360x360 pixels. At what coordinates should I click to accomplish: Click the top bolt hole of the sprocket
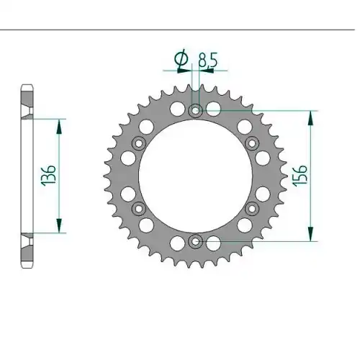[196, 111]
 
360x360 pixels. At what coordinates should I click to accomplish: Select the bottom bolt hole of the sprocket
[196, 241]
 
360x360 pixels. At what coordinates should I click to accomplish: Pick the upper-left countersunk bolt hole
[139, 143]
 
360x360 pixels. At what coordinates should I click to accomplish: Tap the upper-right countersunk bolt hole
[252, 143]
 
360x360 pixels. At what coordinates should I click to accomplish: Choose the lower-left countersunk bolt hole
[139, 209]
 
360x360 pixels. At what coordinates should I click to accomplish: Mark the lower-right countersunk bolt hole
[252, 209]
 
